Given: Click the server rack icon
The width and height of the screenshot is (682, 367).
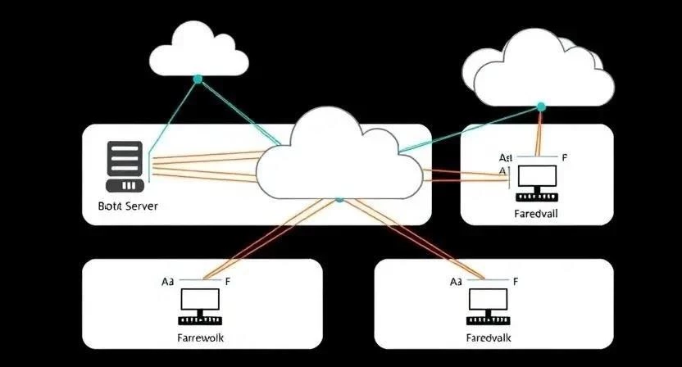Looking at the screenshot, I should (x=125, y=161).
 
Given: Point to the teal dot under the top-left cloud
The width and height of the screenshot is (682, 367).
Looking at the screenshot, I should (x=197, y=79).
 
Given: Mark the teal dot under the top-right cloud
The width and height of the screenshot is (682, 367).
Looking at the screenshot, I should (x=540, y=106).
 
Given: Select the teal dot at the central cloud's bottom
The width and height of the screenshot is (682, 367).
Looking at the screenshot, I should (x=339, y=199).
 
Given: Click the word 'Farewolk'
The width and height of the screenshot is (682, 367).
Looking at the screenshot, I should (x=201, y=338).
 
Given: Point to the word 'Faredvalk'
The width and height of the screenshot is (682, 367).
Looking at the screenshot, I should (x=489, y=338).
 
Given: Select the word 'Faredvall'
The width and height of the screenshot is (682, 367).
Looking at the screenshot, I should (x=536, y=213).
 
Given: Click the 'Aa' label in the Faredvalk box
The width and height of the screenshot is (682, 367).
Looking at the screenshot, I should (x=457, y=281).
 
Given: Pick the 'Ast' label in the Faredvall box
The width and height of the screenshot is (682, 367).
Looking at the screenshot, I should (x=505, y=156).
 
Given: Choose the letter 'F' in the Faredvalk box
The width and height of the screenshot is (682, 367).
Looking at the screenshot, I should (x=516, y=281).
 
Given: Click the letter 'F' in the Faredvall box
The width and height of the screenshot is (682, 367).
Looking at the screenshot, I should (x=565, y=156).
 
